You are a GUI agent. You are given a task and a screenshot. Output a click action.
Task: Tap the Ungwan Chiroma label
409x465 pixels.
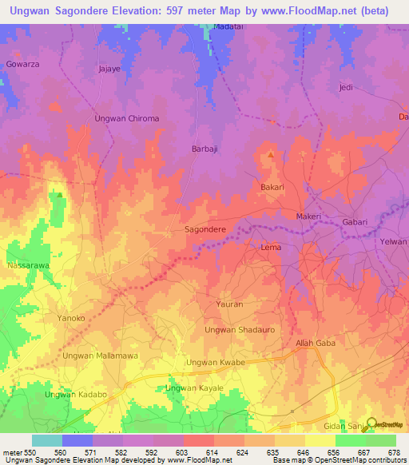coord(127,118)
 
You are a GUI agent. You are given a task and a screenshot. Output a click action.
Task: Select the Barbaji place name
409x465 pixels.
coord(205,149)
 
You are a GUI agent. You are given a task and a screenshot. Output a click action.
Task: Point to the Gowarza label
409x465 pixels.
coord(22,63)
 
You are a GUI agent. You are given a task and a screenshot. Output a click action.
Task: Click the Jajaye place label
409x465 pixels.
coord(109,70)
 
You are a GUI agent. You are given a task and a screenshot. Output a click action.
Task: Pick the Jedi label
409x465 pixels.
coord(346,87)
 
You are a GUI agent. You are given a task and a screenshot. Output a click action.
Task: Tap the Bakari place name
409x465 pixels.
coord(272,187)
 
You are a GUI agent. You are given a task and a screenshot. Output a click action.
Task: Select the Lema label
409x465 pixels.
coord(271,248)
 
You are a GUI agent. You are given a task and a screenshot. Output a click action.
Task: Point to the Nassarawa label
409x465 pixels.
coord(27,264)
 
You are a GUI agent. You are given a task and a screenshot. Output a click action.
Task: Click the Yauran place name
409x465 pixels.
coord(229,304)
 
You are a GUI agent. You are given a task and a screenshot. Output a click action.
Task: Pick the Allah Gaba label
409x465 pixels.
coord(315,343)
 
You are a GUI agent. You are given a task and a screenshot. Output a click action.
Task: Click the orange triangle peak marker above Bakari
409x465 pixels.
coord(271,154)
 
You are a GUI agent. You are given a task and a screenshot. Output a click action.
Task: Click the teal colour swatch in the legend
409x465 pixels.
coord(47,440)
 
